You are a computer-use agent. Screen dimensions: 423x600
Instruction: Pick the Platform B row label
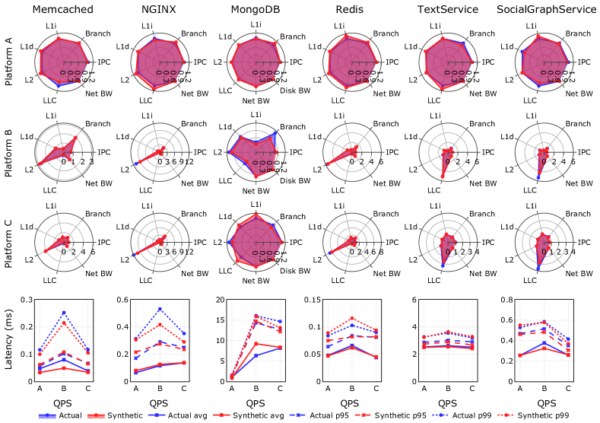[9, 151]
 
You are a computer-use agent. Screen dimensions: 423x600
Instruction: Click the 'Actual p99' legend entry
[481, 415]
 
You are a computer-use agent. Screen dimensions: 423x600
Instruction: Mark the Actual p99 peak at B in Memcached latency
[64, 313]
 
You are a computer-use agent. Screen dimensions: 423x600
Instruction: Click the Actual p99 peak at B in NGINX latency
[160, 309]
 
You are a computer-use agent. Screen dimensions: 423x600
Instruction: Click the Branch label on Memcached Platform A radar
[97, 35]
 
